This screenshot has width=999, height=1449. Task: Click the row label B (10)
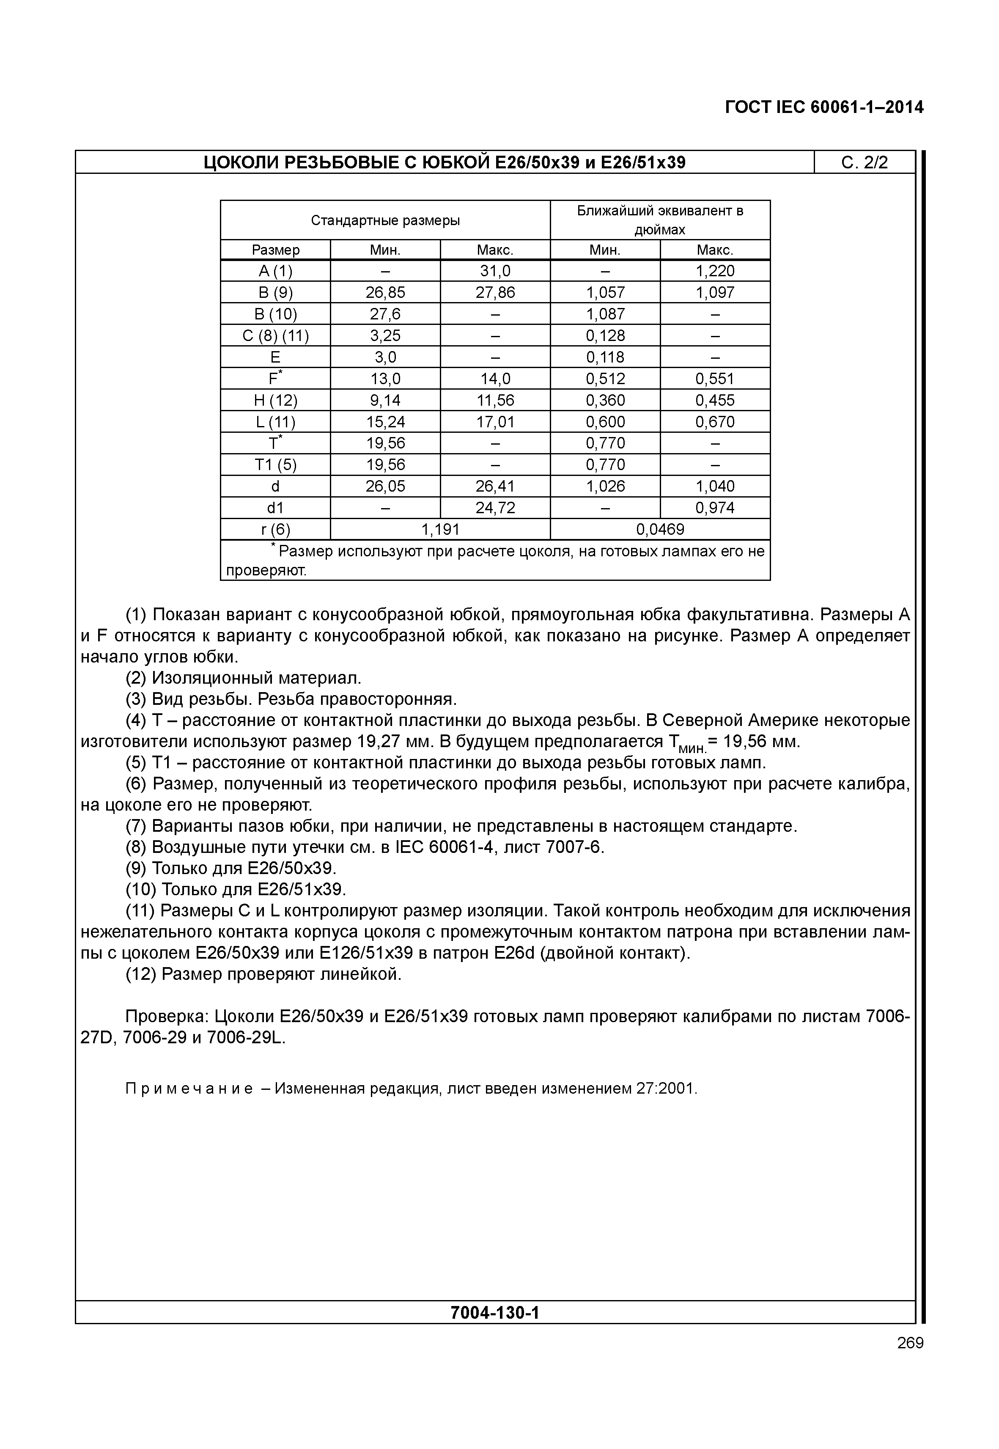tap(275, 314)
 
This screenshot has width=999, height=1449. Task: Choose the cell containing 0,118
tap(605, 357)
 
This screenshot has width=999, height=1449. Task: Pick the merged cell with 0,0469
tap(660, 529)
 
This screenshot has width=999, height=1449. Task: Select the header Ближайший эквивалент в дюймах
tap(660, 220)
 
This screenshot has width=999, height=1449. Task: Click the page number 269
tap(909, 1342)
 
